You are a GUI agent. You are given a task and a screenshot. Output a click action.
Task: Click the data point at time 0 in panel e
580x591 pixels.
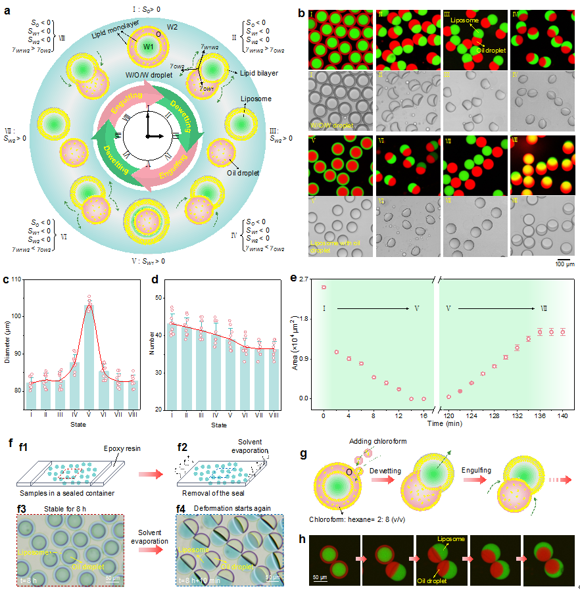click(324, 287)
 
